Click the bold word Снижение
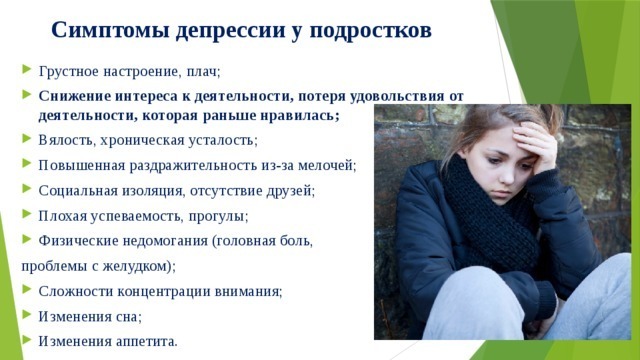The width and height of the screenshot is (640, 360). pos(72,96)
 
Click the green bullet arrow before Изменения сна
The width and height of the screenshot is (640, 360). pos(26,316)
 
